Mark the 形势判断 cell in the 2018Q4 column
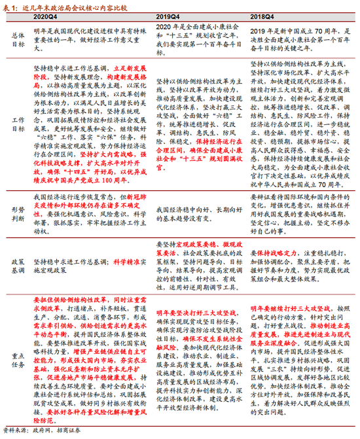[300, 209]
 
